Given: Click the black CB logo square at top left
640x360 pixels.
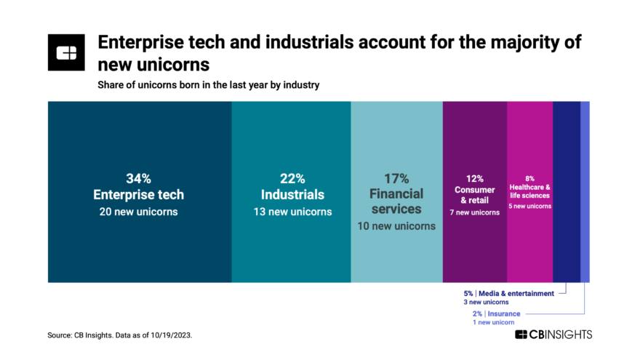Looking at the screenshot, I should (67, 52).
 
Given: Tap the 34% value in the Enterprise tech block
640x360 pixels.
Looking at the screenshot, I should (139, 179).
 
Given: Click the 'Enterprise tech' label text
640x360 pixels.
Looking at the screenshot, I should (139, 195).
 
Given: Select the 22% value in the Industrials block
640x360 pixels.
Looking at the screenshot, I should (291, 179).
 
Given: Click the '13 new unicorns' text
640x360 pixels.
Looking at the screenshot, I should (291, 212).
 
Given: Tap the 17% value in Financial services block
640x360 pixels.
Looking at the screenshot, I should (396, 179).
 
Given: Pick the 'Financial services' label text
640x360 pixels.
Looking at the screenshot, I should (396, 201).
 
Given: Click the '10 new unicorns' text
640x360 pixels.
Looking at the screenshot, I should (396, 226).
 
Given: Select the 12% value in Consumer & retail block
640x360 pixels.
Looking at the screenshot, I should (474, 177).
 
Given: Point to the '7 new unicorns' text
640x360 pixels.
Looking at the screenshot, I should (474, 212).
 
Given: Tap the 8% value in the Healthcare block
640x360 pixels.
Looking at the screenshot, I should (529, 178).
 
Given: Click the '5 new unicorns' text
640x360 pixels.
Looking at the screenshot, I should (529, 206).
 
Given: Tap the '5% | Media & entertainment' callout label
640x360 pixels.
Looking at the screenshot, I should (508, 293).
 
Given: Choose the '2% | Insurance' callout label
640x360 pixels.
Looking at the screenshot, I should (496, 313).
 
